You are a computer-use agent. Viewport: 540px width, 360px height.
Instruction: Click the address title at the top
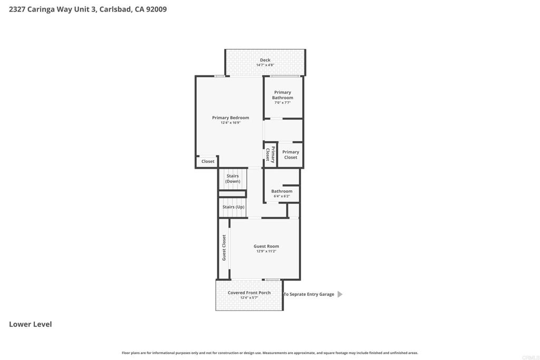pyautogui.click(x=88, y=9)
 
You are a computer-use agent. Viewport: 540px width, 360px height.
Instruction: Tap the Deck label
pyautogui.click(x=265, y=60)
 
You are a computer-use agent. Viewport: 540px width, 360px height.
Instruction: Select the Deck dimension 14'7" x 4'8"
pyautogui.click(x=265, y=65)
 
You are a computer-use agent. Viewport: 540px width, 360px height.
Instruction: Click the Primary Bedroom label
pyautogui.click(x=230, y=118)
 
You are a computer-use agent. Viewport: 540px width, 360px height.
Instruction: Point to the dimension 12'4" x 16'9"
pyautogui.click(x=230, y=123)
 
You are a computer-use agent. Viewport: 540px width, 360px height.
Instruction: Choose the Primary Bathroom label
pyautogui.click(x=283, y=95)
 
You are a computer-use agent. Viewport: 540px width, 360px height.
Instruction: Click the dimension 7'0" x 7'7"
pyautogui.click(x=283, y=103)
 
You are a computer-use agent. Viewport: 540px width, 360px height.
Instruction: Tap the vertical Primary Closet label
pyautogui.click(x=270, y=154)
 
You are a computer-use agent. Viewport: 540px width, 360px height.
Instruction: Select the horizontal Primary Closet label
pyautogui.click(x=291, y=154)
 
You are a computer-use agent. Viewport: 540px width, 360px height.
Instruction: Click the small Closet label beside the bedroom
pyautogui.click(x=208, y=161)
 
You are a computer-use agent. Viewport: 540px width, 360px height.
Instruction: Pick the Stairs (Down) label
pyautogui.click(x=233, y=179)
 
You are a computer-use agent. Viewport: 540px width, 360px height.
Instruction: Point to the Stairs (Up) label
pyautogui.click(x=233, y=207)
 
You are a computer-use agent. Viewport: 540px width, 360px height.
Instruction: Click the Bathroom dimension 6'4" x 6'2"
pyautogui.click(x=282, y=197)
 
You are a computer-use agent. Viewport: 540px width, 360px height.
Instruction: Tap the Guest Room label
pyautogui.click(x=266, y=246)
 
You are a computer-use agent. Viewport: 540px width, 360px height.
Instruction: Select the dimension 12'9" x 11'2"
pyautogui.click(x=266, y=251)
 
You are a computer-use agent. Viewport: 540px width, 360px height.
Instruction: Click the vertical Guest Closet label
pyautogui.click(x=224, y=248)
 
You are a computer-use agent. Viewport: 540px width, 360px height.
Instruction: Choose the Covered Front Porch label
pyautogui.click(x=249, y=293)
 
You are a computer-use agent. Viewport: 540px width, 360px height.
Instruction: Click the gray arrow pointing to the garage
pyautogui.click(x=340, y=294)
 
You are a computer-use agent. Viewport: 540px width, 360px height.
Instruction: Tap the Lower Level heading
pyautogui.click(x=30, y=324)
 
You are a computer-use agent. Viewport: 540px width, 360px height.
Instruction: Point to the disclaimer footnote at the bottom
pyautogui.click(x=270, y=353)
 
